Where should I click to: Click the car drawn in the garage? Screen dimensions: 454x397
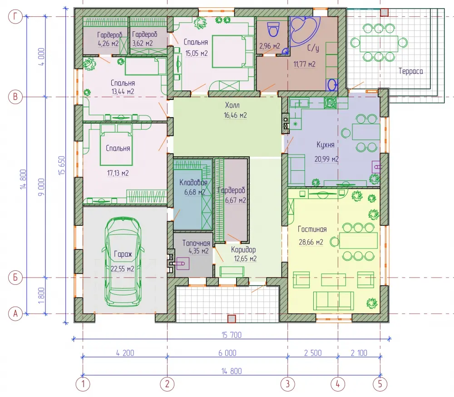click(x=123, y=262)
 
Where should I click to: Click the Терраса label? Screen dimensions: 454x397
click(x=410, y=71)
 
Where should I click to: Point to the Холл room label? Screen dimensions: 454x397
click(x=232, y=105)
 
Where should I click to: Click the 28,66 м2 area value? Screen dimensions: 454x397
click(x=311, y=242)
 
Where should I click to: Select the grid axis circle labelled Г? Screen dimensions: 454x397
click(x=15, y=16)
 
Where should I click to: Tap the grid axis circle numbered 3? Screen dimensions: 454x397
click(x=287, y=384)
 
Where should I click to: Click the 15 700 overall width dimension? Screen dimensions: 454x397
click(x=232, y=335)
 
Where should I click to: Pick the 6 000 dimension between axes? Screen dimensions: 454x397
click(x=227, y=353)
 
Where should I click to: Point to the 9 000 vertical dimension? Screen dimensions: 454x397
click(x=41, y=187)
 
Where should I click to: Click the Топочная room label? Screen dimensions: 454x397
click(x=196, y=243)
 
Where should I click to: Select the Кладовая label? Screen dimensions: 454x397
click(x=193, y=183)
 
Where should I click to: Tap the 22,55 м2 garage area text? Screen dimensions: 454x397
click(x=123, y=269)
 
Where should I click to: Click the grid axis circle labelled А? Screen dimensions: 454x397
click(x=15, y=313)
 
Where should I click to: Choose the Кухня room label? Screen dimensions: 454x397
click(x=326, y=144)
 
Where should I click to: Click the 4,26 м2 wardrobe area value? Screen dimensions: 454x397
click(x=109, y=44)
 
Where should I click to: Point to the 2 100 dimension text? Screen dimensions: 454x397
click(x=359, y=353)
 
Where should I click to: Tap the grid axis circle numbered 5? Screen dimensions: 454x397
click(x=380, y=384)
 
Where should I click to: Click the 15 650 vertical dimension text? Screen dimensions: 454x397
click(x=61, y=165)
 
